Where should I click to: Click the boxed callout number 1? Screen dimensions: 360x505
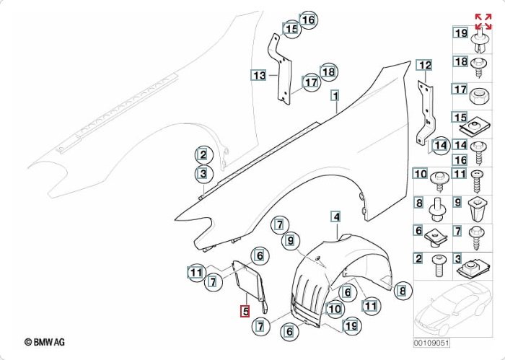[335, 95]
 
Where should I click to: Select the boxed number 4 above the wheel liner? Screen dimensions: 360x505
[335, 216]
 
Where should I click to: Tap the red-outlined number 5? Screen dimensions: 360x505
[245, 312]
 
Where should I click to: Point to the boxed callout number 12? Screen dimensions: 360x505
[425, 66]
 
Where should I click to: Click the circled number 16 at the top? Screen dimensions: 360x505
[308, 19]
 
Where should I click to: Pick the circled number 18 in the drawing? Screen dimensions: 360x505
[328, 71]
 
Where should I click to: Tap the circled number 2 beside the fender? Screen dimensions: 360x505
[203, 154]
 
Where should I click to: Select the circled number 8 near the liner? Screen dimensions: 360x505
[402, 291]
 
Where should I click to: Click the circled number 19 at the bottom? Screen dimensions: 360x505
[351, 326]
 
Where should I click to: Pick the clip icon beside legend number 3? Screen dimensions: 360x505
[477, 268]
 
